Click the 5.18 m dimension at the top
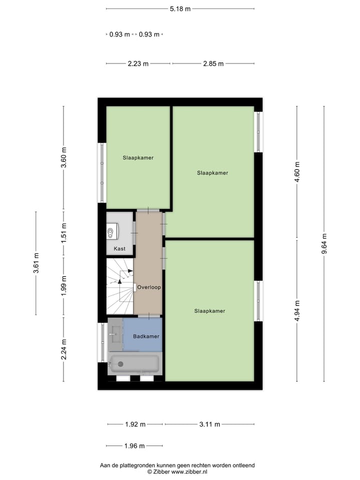[180, 8]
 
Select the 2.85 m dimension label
[213, 63]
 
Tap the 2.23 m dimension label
[138, 63]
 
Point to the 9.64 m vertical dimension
[324, 244]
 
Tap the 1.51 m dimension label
[63, 233]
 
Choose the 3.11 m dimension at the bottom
[209, 424]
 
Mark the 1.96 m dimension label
[134, 446]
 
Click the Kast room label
[119, 248]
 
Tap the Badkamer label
[146, 336]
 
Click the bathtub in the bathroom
[134, 364]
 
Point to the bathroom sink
[115, 332]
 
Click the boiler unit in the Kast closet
[112, 231]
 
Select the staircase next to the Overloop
[120, 286]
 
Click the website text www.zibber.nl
[190, 471]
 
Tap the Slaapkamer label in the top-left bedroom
[138, 157]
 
